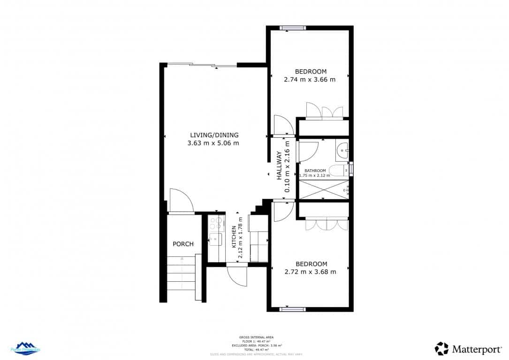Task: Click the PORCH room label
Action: pos(183,244)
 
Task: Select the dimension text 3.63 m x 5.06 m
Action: pos(213,143)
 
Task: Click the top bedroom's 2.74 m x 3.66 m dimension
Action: pos(310,79)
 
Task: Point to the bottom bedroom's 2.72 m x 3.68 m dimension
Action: pos(310,271)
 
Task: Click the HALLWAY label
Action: pos(279,166)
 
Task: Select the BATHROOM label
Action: pos(315,171)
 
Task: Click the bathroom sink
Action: pos(343,150)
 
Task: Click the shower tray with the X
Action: pos(324,189)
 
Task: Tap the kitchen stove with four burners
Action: pos(216,223)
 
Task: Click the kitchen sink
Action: pos(215,239)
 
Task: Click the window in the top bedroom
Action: pos(293,28)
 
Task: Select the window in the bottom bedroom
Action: pos(293,309)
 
